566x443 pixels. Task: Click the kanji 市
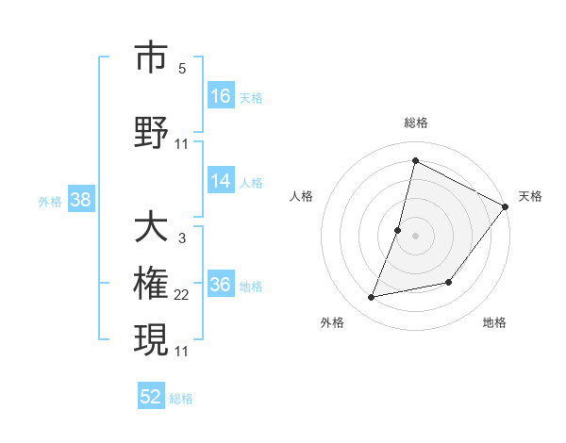point(151,57)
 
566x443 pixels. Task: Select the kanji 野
point(151,132)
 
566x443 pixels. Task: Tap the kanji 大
point(151,227)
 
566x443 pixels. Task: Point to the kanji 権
point(151,284)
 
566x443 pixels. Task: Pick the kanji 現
point(151,339)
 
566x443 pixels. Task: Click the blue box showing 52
point(151,397)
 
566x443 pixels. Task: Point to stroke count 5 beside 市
point(182,69)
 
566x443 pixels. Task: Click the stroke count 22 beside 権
point(182,295)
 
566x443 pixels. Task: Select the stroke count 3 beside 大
point(182,238)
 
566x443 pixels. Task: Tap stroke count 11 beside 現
point(182,352)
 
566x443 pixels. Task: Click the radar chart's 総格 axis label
point(416,123)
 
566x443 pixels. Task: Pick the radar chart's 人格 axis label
point(302,196)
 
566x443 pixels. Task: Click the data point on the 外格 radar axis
point(372,298)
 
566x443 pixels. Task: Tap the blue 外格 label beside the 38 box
point(50,201)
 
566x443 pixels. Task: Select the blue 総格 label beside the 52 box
point(181,399)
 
